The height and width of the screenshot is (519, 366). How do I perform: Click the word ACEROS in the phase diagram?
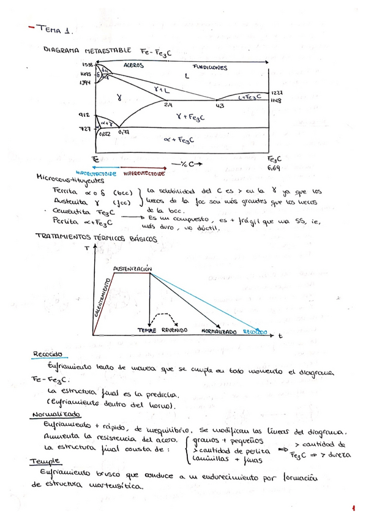pos(134,65)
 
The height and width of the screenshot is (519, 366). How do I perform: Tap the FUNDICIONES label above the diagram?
pos(210,67)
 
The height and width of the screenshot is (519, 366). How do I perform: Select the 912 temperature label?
pos(84,114)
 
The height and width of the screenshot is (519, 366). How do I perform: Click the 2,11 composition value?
pos(169,105)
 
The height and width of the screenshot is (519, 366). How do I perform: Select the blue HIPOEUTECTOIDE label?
pos(96,173)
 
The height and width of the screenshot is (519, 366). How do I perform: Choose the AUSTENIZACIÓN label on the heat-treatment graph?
pos(132,269)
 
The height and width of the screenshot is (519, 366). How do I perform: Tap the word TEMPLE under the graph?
pos(148,330)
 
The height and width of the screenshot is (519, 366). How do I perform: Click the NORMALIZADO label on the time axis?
pos(219,331)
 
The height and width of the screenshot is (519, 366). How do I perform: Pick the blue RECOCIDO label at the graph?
pos(255,332)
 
